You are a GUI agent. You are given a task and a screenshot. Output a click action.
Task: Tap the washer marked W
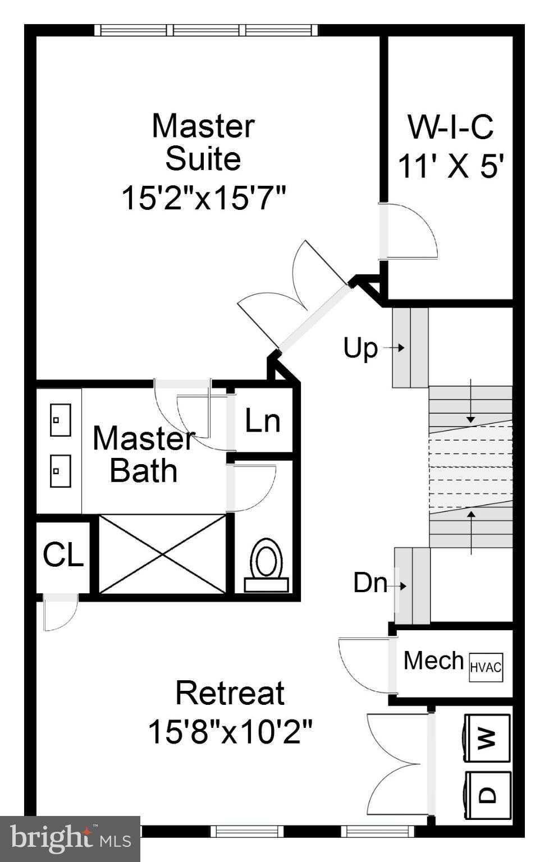487,738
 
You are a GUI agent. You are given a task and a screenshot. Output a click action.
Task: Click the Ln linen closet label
263,421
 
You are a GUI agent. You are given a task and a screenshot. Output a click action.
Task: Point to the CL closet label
63,555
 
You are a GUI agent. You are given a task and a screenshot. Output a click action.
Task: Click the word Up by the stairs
360,348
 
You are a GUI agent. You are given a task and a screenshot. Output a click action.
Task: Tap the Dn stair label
370,583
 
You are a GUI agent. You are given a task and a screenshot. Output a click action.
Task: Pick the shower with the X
162,554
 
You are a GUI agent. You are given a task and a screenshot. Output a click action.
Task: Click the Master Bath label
144,455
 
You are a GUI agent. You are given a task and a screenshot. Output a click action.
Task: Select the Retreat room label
230,693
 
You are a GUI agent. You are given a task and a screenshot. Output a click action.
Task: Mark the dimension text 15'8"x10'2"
230,732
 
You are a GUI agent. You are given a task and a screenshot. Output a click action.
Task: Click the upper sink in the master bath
60,419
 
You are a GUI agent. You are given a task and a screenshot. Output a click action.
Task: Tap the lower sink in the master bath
60,471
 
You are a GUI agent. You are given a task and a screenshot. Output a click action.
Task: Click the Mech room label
433,661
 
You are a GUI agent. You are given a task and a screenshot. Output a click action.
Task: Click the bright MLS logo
70,839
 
